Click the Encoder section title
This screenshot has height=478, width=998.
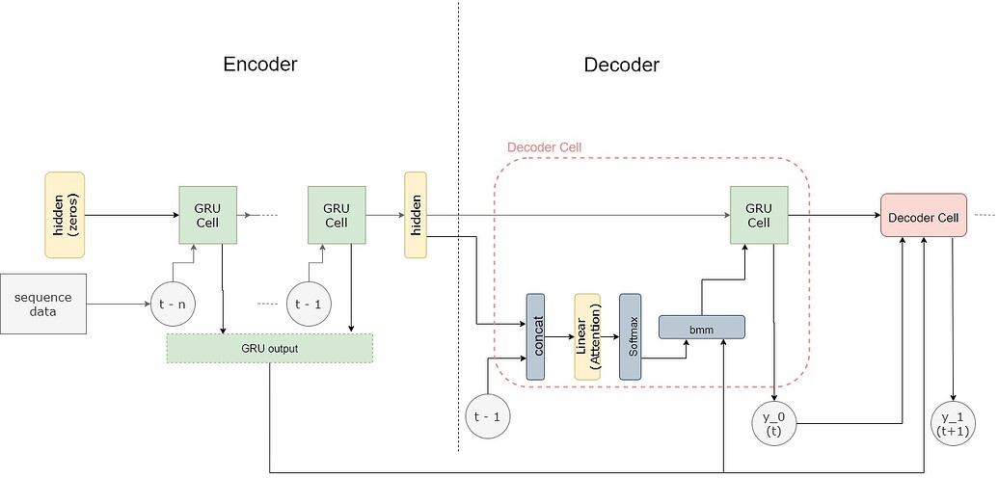click(x=259, y=65)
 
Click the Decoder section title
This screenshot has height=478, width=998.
click(x=621, y=65)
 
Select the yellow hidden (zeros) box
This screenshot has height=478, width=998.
click(x=65, y=215)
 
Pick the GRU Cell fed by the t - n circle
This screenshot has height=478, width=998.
click(x=207, y=215)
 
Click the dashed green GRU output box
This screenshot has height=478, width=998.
click(x=269, y=348)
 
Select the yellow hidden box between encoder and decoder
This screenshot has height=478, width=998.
click(x=416, y=215)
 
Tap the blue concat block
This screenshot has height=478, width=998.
click(x=536, y=336)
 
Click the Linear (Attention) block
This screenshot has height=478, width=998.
click(x=587, y=336)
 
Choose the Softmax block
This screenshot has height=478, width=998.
click(x=631, y=336)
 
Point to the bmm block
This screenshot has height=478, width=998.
click(x=701, y=328)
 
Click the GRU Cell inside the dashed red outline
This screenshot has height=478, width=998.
click(x=759, y=215)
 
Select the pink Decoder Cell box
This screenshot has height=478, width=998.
click(x=923, y=217)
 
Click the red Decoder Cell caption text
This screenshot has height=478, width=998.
click(x=544, y=147)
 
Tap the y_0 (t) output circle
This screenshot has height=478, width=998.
click(x=772, y=423)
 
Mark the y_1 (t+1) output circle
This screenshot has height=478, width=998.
click(x=955, y=423)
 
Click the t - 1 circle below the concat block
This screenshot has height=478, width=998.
click(x=487, y=416)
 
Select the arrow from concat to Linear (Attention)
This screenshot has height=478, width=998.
click(x=560, y=337)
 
